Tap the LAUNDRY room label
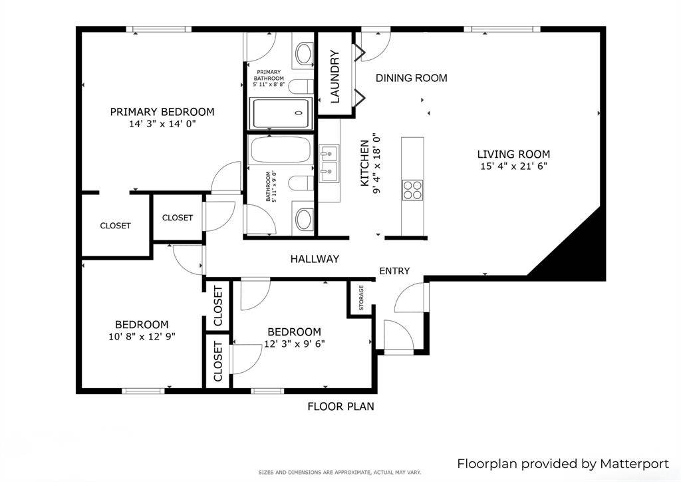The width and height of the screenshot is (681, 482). coord(335,77)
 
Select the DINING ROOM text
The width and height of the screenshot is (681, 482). coord(411,78)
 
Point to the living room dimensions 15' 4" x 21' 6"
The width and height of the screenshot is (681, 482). coord(513,166)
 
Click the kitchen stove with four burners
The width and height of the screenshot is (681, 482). coord(412,189)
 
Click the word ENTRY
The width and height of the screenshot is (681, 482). coord(394,271)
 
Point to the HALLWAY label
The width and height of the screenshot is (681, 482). coord(315,259)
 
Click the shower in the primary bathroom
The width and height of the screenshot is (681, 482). coord(280,114)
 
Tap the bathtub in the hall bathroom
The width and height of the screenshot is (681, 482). coord(281,150)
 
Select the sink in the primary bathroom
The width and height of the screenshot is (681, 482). coord(304,54)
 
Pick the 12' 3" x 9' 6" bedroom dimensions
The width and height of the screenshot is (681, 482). coord(294,344)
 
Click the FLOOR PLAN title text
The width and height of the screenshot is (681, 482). coord(340,406)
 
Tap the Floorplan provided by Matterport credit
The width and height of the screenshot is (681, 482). coord(563,463)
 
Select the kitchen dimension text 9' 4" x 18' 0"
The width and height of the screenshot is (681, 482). coord(376,164)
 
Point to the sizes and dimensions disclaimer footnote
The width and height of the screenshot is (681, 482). coord(340,473)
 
